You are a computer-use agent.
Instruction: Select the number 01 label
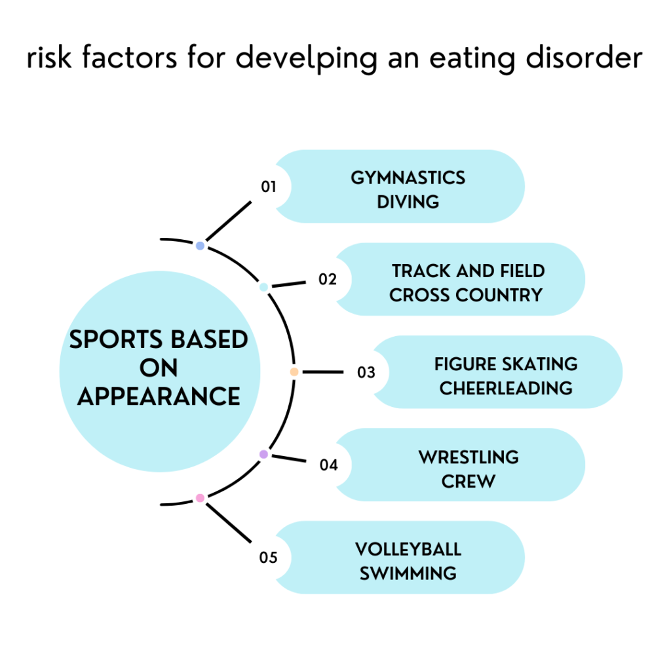pos(269,187)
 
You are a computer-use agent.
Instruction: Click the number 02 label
pos(328,279)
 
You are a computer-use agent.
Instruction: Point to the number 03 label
pos(366,372)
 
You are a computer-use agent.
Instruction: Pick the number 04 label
pos(329,465)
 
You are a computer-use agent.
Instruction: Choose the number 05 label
pos(269,558)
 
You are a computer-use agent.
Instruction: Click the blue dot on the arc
pos(201,246)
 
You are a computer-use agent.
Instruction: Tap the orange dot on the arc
pos(294,372)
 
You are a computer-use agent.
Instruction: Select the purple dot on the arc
pos(263,454)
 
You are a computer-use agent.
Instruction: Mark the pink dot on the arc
pos(201,498)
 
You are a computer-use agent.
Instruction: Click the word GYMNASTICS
pos(408,178)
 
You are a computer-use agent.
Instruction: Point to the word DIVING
pos(408,202)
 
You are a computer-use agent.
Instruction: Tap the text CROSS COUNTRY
pos(466,295)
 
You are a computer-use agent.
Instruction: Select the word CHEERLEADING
pos(506,388)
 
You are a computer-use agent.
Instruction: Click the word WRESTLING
pos(469,457)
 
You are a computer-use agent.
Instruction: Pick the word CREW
pos(469,481)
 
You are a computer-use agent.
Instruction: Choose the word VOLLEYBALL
pos(408,549)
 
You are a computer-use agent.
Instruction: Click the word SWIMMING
pos(408,573)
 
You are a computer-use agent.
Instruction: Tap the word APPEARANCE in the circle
pos(159,396)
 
